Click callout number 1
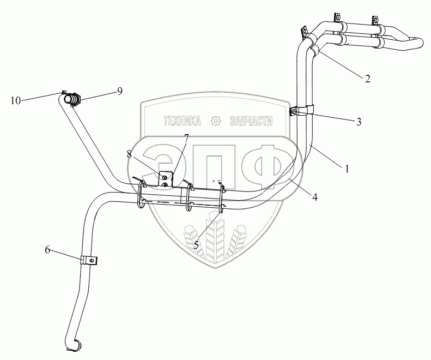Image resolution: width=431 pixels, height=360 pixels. click(347, 169)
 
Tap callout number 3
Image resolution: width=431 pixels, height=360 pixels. click(359, 122)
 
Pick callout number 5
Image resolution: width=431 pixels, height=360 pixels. click(196, 245)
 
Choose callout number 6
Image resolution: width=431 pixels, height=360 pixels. click(48, 249)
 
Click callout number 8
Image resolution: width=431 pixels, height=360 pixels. click(130, 154)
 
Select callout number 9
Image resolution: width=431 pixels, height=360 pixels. click(119, 91)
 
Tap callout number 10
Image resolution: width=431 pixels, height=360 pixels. click(15, 100)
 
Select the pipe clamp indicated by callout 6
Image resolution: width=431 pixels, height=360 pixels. click(88, 260)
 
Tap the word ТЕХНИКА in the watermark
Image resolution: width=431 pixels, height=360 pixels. click(181, 121)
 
